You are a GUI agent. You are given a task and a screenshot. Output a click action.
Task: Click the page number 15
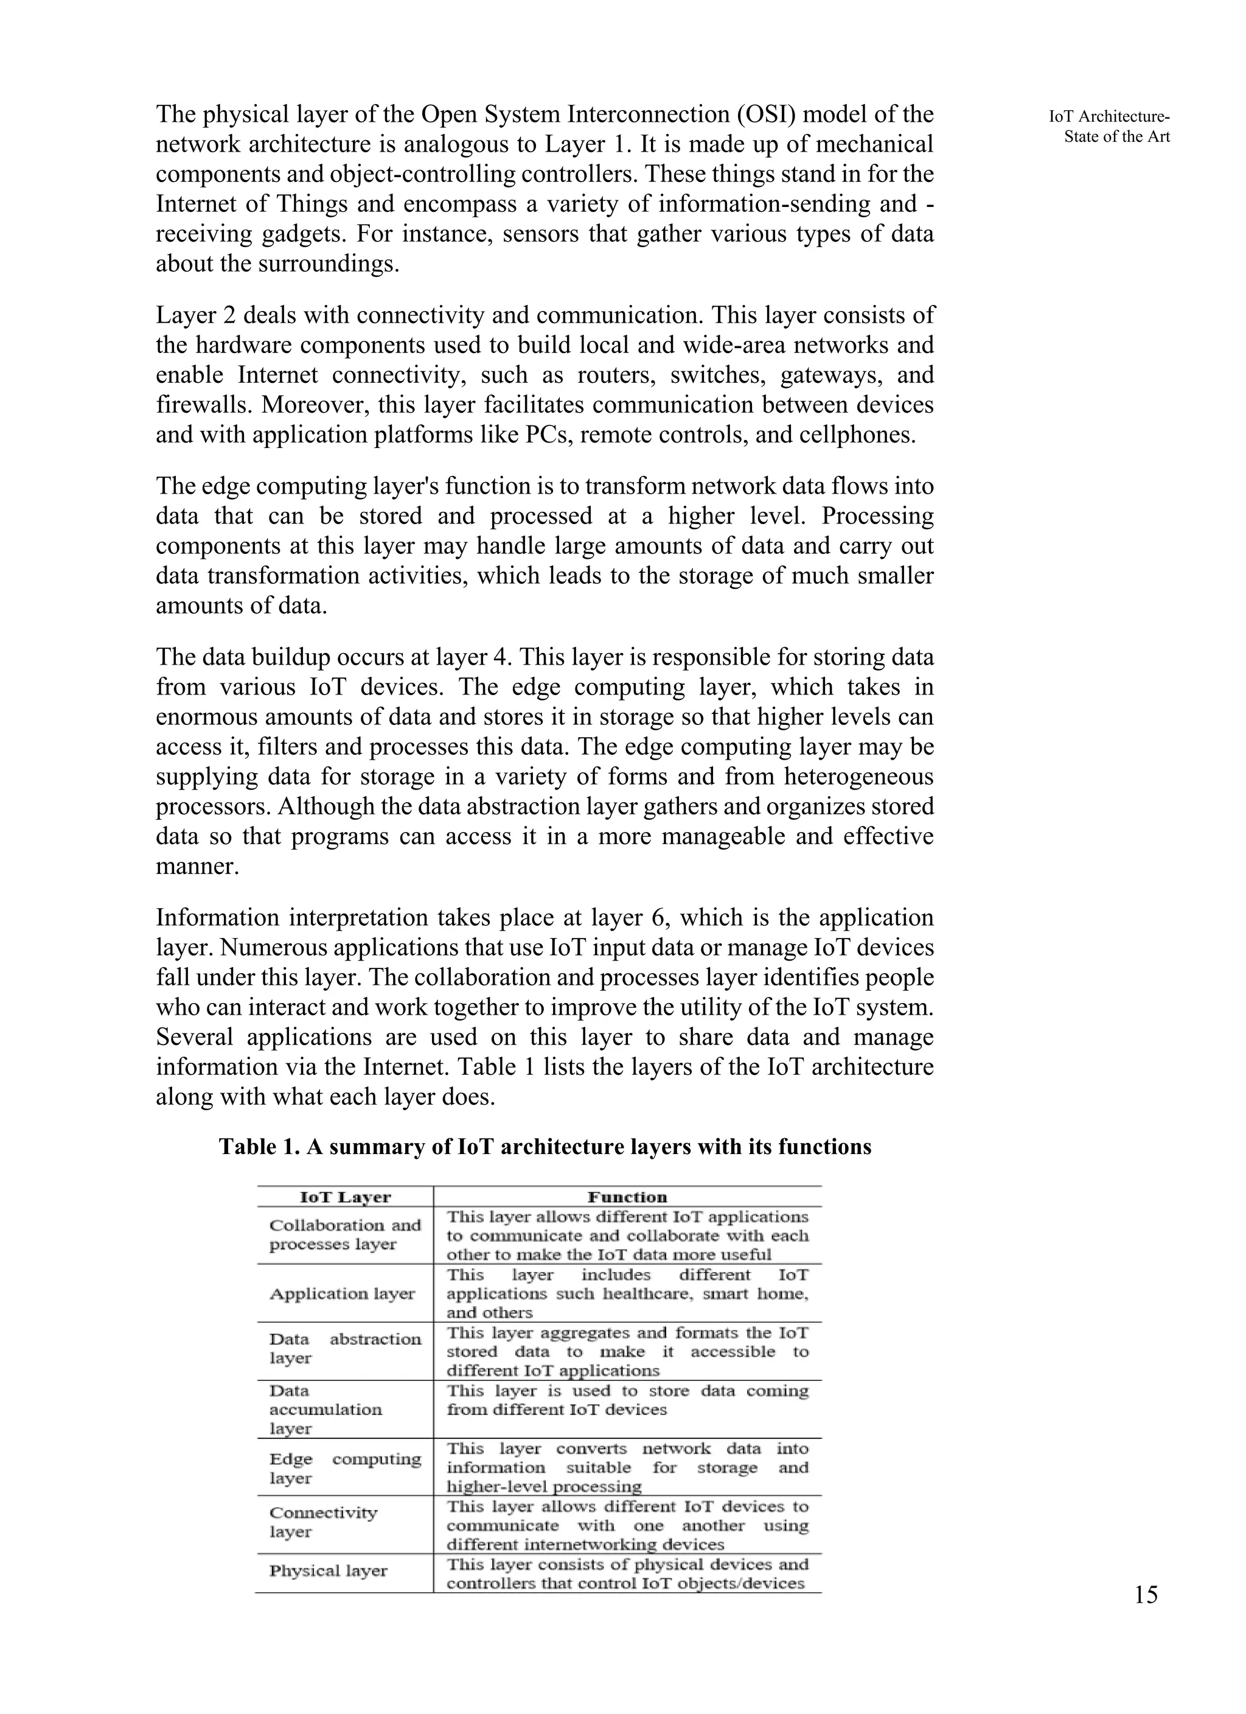click(1146, 1595)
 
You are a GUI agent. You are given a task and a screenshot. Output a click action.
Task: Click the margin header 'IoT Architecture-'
click(1109, 116)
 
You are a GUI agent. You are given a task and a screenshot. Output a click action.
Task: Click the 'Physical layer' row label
click(328, 1570)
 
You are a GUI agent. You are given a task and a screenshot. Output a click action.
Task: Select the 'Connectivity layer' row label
click(324, 1521)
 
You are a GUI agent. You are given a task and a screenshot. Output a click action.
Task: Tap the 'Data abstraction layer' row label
click(344, 1348)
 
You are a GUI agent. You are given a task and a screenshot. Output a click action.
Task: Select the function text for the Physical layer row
click(627, 1573)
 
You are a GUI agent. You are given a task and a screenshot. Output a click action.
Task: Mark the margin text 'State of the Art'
click(1117, 137)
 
